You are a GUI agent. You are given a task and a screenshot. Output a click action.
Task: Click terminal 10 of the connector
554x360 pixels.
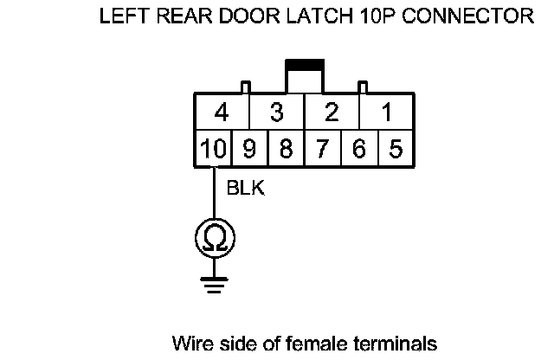point(212,148)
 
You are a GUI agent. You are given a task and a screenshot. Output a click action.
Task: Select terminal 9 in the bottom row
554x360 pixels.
point(249,148)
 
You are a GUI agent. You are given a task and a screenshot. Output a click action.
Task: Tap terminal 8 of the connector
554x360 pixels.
point(286,148)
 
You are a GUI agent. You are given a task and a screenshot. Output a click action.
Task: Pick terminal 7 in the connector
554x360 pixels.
point(322,148)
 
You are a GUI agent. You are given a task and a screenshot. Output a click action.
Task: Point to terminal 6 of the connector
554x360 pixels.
point(358,148)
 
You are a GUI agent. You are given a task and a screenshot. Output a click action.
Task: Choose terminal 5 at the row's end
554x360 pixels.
point(395,148)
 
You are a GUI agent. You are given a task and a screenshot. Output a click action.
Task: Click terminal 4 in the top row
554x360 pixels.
point(222,113)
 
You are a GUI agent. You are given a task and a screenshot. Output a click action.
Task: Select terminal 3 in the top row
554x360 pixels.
point(277,113)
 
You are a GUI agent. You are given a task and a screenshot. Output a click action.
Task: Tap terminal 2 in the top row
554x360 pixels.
point(331,113)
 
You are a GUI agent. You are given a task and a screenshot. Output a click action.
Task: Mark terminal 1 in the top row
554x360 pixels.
point(386,113)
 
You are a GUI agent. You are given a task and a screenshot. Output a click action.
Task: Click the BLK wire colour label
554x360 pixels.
point(245,188)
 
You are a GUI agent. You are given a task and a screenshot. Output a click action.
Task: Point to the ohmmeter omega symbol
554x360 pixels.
point(213,236)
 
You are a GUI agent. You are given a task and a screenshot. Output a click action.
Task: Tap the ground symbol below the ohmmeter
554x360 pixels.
point(213,280)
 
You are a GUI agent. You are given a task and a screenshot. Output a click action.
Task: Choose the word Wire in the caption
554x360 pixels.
point(190,343)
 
